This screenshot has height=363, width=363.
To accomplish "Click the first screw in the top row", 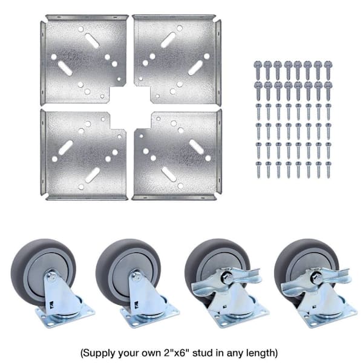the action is [258, 70].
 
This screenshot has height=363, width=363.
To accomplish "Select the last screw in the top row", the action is [327, 70].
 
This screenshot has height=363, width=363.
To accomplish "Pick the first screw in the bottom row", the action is [258, 169].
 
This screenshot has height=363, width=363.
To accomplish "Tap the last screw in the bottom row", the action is [329, 169].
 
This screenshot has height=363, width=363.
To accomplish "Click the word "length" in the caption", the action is [260, 353].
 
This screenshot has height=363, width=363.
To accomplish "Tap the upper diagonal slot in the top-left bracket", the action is [92, 41].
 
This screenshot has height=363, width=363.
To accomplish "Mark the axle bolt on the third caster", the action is [227, 276].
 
